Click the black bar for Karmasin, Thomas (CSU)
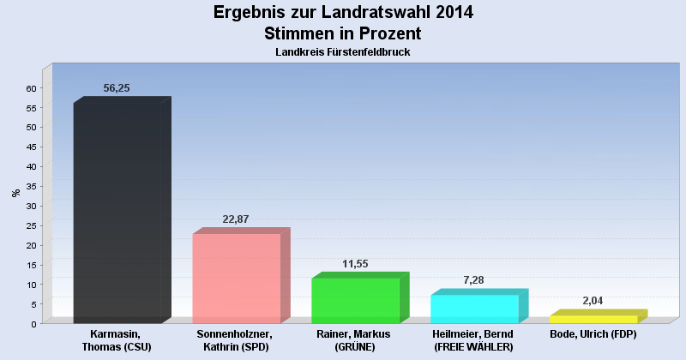(122, 210)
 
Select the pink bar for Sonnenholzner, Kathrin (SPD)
(241, 276)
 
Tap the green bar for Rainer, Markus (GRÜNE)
(360, 298)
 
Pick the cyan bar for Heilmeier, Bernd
(479, 306)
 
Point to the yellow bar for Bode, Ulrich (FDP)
(598, 316)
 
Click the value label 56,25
(117, 88)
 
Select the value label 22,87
(235, 219)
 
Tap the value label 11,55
(355, 264)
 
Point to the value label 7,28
(473, 280)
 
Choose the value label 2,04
(593, 301)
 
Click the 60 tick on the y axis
(31, 88)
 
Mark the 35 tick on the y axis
(31, 186)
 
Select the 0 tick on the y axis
(33, 324)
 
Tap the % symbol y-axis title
(16, 193)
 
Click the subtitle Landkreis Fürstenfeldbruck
(342, 52)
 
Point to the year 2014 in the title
(454, 12)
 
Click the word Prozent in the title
(390, 33)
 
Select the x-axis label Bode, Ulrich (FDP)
(593, 334)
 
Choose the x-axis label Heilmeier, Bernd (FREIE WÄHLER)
(473, 341)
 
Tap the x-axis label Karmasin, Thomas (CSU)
(116, 341)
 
